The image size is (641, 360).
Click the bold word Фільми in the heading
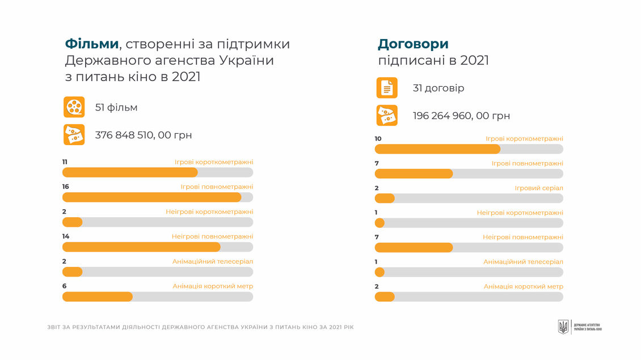point(92,44)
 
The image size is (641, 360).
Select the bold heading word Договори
point(413,44)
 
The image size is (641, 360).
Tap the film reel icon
point(74,107)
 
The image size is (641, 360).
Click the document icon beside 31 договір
point(387,88)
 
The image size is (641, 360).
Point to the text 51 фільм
point(116,108)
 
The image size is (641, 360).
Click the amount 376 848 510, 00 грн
point(144,135)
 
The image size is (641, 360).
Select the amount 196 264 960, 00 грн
point(461,116)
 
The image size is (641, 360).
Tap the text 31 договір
point(438,88)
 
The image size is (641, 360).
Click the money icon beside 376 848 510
point(74,135)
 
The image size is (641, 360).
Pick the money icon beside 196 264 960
point(387,116)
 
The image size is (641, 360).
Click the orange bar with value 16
point(151,197)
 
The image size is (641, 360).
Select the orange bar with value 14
point(141,247)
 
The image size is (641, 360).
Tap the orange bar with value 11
point(130,172)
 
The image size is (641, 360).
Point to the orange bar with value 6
point(98,297)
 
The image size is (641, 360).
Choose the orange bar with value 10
point(437,149)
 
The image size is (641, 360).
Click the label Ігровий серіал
point(538,188)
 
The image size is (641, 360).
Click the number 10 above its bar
point(378,139)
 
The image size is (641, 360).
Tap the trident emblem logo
point(563,327)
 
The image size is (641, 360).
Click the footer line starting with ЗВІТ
point(200,327)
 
